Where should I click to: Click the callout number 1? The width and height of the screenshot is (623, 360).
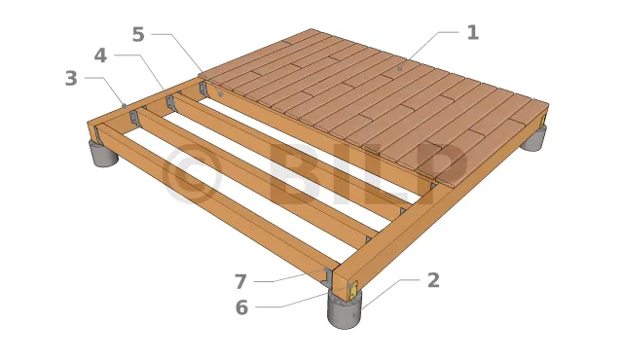[x=473, y=32]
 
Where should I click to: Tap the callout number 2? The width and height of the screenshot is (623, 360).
[x=433, y=280]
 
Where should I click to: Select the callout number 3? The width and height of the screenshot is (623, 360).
[x=71, y=78]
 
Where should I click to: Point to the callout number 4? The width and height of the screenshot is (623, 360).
[x=100, y=55]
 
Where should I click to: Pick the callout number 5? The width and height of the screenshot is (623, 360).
[x=138, y=34]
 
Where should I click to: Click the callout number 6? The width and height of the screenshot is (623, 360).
[x=241, y=307]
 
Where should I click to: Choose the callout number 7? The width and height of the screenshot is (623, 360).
[x=240, y=282]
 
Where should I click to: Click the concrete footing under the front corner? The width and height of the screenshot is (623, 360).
[x=345, y=310]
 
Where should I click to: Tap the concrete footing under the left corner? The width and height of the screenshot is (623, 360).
[x=103, y=154]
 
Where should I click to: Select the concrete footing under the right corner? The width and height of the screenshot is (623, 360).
[x=534, y=138]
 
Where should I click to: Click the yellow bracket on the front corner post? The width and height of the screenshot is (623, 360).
[x=352, y=291]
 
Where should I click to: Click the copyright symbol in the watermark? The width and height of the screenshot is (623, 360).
[x=193, y=173]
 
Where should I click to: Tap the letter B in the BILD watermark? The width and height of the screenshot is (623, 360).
[x=295, y=172]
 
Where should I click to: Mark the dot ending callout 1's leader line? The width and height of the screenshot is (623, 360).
[x=400, y=69]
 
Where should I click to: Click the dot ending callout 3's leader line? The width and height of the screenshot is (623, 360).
[x=124, y=106]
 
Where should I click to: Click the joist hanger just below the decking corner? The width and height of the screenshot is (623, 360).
[x=203, y=90]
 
